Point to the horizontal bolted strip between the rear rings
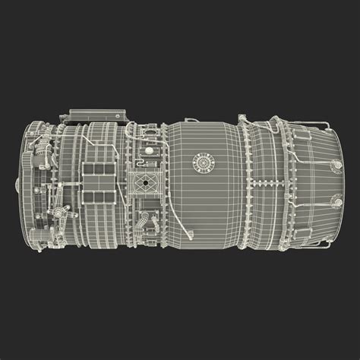[258, 182]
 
